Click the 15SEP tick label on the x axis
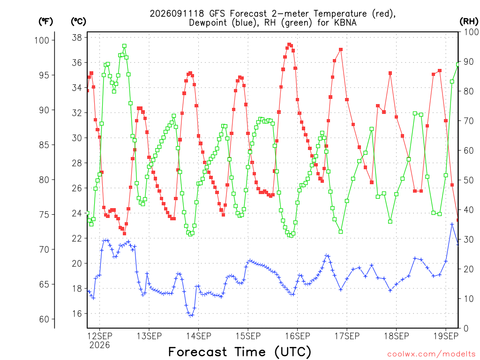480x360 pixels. coord(248,336)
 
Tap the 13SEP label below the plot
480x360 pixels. coord(149,336)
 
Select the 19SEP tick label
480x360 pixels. coord(446,336)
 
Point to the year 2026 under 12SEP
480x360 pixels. coord(99,345)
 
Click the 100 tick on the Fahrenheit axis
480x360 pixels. coord(42,40)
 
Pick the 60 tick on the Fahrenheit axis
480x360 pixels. coord(44,319)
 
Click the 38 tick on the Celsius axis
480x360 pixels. coord(77,37)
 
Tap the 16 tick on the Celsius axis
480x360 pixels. coord(77,314)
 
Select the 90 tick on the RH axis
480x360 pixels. coord(468,61)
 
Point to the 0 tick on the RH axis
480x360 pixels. coord(466,329)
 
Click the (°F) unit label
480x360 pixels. coord(45,22)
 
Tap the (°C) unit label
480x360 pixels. coord(79,22)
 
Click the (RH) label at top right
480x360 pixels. coord(469,22)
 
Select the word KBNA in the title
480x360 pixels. coord(345,22)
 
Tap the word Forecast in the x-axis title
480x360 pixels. coord(198,352)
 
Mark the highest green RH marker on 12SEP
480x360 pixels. coord(124,46)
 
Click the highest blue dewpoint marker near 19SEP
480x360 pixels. coord(452,225)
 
